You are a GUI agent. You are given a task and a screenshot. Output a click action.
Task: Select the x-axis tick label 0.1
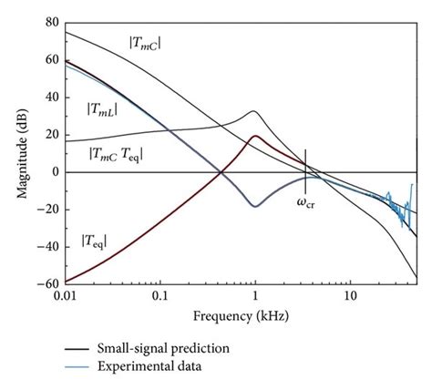[x=160, y=298]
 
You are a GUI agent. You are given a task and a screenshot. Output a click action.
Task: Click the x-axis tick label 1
[x=255, y=298]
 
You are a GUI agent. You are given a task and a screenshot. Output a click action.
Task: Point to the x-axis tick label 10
[x=349, y=298]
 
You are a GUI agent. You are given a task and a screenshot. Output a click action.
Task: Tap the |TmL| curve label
[x=106, y=109]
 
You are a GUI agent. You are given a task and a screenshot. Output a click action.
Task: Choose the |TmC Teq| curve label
[x=116, y=155]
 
